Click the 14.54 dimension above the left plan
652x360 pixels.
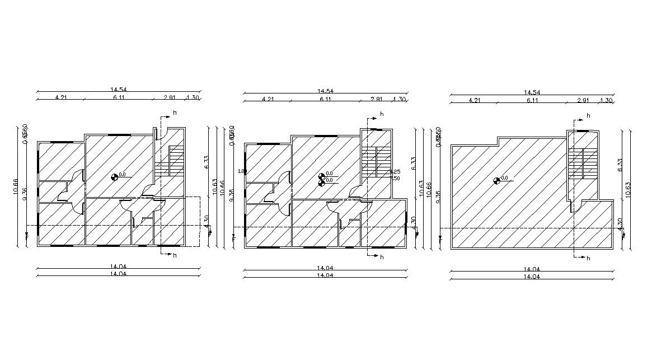pyautogui.click(x=119, y=89)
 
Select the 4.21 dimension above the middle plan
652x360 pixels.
pyautogui.click(x=268, y=99)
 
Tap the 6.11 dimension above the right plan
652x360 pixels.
pyautogui.click(x=532, y=100)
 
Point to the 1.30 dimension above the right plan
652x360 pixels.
pyautogui.click(x=606, y=100)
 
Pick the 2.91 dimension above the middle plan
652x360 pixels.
pyautogui.click(x=377, y=99)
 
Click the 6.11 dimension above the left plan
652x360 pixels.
pyautogui.click(x=119, y=97)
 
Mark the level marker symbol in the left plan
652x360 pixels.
pyautogui.click(x=115, y=177)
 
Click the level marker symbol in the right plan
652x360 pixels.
pyautogui.click(x=497, y=180)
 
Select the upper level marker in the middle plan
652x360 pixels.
pyautogui.click(x=322, y=175)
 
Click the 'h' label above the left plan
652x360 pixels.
pyautogui.click(x=175, y=113)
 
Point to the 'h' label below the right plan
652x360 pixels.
pyautogui.click(x=588, y=259)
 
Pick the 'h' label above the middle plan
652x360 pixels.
pyautogui.click(x=382, y=114)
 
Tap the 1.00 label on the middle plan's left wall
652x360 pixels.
pyautogui.click(x=241, y=171)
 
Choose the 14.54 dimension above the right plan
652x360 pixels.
pyautogui.click(x=532, y=92)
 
